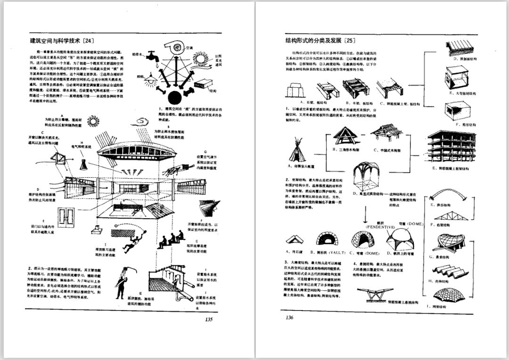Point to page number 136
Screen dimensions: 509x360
(290, 317)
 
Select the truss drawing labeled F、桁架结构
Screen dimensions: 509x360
(445, 216)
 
